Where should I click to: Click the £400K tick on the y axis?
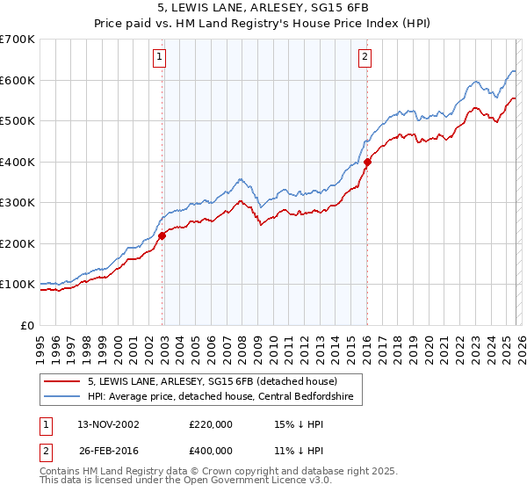pyautogui.click(x=18, y=162)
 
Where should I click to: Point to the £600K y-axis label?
pyautogui.click(x=18, y=80)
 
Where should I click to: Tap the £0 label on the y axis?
pyautogui.click(x=27, y=325)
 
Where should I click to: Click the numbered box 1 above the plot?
pyautogui.click(x=160, y=58)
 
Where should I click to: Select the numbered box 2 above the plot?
pyautogui.click(x=364, y=58)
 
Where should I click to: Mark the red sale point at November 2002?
pyautogui.click(x=162, y=235)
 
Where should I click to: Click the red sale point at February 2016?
pyautogui.click(x=367, y=162)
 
